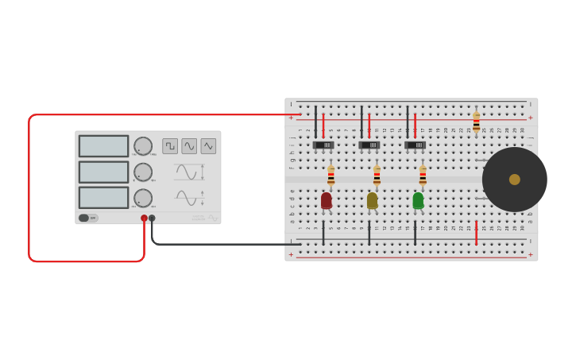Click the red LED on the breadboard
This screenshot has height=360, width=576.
(x=327, y=200)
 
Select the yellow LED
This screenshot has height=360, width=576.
(x=373, y=200)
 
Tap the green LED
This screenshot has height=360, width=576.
(x=419, y=200)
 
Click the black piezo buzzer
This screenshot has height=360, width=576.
(x=514, y=180)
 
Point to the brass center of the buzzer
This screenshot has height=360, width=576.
(x=515, y=180)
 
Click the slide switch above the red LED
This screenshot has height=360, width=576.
(x=323, y=145)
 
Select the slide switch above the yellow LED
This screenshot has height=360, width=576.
(x=369, y=145)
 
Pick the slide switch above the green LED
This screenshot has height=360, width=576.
(x=416, y=145)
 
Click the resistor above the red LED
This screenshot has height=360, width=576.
(x=331, y=175)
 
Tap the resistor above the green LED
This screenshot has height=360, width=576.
(x=423, y=175)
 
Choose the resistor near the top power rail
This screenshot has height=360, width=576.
(x=476, y=122)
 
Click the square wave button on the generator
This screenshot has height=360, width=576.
(x=170, y=146)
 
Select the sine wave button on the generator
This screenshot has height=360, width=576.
(x=189, y=146)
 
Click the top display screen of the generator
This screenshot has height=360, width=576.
(x=103, y=146)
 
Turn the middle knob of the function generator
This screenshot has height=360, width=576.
(x=143, y=172)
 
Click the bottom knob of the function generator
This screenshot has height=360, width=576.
(x=143, y=198)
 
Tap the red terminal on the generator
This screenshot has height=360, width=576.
(x=144, y=218)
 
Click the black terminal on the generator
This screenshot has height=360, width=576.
(x=152, y=218)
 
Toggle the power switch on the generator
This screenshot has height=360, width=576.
(x=87, y=218)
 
